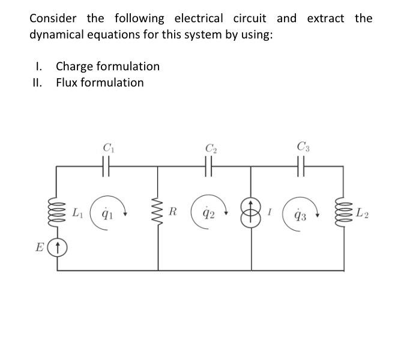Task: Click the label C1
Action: pyautogui.click(x=108, y=146)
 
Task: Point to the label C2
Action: pyautogui.click(x=210, y=147)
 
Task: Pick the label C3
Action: pyautogui.click(x=303, y=145)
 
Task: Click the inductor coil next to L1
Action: pyautogui.click(x=57, y=214)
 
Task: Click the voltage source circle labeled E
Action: pyautogui.click(x=57, y=246)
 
